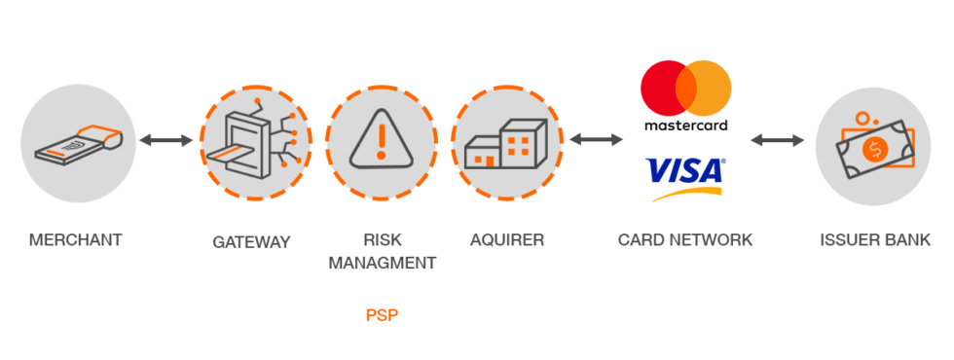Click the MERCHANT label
(x=76, y=239)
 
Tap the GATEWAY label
(x=251, y=241)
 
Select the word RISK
(x=382, y=239)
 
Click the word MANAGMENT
(x=382, y=263)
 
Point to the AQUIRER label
(x=507, y=239)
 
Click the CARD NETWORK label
(x=685, y=239)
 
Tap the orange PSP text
(x=383, y=315)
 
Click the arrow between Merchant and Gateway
(x=166, y=140)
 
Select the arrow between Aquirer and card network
(x=596, y=140)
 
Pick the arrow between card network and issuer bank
(x=777, y=140)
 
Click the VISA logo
(x=685, y=173)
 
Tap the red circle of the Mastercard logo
(x=665, y=89)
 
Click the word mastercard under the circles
(x=685, y=126)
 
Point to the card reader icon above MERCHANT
(x=76, y=143)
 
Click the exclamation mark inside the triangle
(x=382, y=138)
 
